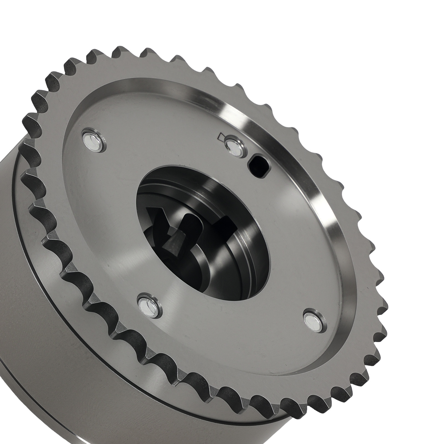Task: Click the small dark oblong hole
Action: (258, 166)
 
